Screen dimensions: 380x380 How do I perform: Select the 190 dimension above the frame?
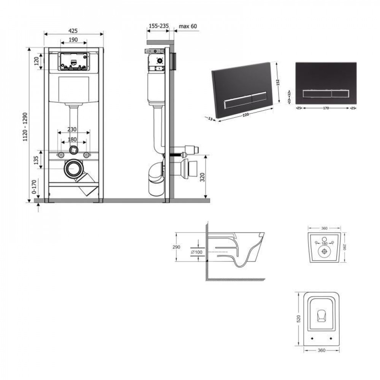(x=73, y=40)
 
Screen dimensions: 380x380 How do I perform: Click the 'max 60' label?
(x=188, y=26)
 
